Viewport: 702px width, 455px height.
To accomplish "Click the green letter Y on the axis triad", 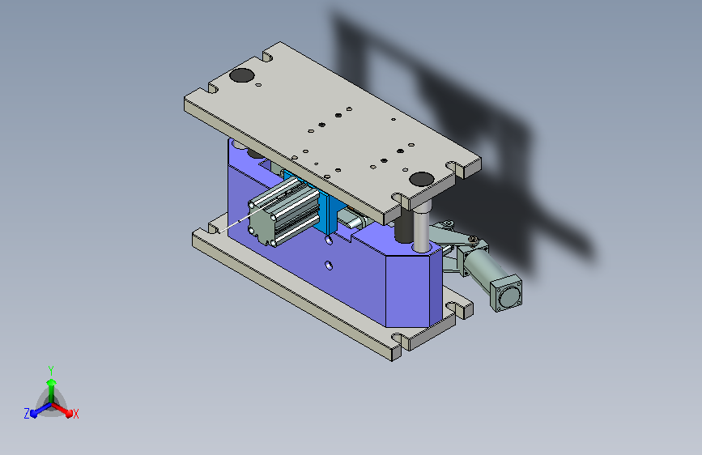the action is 51,370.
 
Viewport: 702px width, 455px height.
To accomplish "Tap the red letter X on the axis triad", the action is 75,414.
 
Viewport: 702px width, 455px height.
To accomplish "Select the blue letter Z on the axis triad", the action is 27,414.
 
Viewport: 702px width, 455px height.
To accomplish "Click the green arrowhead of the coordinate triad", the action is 52,383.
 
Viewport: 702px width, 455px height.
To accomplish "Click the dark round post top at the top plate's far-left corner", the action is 242,75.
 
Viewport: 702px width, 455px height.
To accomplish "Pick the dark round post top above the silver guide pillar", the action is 421,179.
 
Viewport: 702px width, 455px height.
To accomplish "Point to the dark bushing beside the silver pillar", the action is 403,226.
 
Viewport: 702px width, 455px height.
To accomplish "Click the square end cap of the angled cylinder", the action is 506,293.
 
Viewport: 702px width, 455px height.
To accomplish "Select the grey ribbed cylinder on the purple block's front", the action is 284,211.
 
